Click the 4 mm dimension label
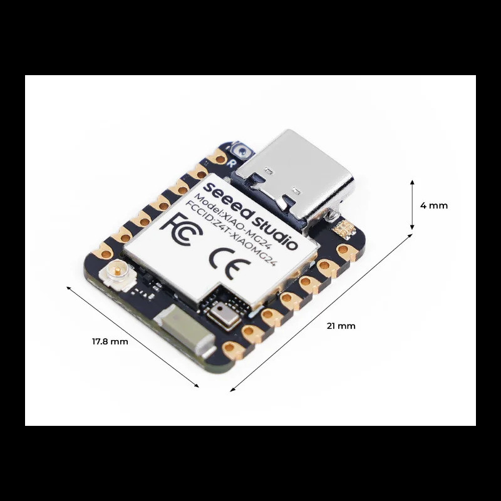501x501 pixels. pos(433,205)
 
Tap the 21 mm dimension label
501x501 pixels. pos(341,326)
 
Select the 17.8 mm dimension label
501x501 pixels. pos(110,341)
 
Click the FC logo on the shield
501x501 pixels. pos(182,229)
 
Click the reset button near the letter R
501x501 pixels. pos(243,150)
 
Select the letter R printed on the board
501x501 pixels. pos(230,163)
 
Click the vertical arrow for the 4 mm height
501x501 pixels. pos(412,205)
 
